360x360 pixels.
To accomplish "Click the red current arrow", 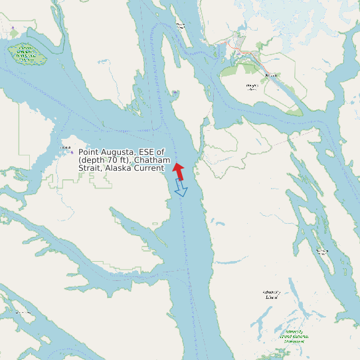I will [x=178, y=171].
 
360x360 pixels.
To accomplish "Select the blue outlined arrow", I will [x=181, y=189].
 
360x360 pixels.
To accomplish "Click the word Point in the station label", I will [x=89, y=152].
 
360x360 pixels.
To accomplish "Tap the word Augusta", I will [x=119, y=153].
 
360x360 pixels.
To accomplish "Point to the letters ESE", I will [x=147, y=152].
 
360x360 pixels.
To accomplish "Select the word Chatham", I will [x=154, y=161].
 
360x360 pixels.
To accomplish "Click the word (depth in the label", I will [x=92, y=161].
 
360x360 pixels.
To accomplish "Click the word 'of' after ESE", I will [x=161, y=152].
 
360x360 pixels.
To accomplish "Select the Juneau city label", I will [x=270, y=74].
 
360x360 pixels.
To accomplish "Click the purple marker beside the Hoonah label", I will [x=72, y=152].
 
